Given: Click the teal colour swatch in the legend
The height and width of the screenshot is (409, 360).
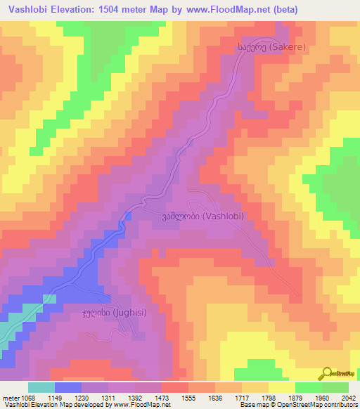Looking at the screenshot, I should [41, 387].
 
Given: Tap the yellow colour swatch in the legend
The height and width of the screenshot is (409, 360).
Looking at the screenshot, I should [281, 387].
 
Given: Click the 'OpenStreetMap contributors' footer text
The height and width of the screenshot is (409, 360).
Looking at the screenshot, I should [323, 405].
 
